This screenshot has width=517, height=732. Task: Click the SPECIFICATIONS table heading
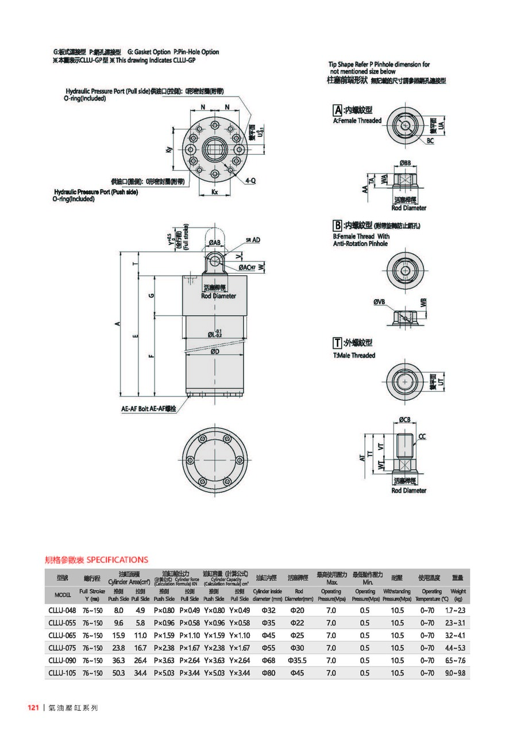[x=97, y=559]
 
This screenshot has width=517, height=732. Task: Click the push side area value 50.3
[x=118, y=672]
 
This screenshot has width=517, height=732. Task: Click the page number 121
[x=33, y=708]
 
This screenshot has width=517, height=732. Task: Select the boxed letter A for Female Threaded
[x=338, y=109]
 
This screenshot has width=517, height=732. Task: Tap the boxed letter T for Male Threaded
[x=338, y=343]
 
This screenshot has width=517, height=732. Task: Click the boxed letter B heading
[x=338, y=224]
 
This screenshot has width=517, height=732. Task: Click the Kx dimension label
[x=214, y=190]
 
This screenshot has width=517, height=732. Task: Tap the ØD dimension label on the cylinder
[x=214, y=351]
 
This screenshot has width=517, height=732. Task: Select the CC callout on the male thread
[x=422, y=437]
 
